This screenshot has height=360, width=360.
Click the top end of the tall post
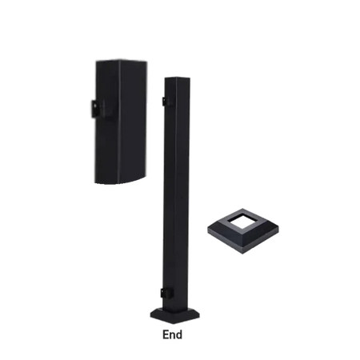(178, 77)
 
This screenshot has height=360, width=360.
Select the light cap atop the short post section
(119, 58)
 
